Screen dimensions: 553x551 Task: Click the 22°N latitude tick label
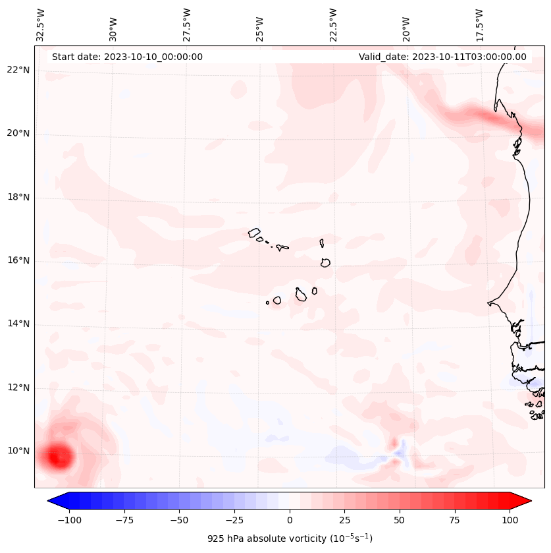[19, 71]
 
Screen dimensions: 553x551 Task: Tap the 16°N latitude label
[19, 261]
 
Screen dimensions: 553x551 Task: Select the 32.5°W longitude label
[41, 26]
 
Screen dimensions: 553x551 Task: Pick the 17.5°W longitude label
[479, 26]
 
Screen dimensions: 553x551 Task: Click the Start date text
[127, 57]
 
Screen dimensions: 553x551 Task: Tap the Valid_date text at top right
[442, 57]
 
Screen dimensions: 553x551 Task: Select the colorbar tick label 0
[290, 520]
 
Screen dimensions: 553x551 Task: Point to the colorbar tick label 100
[510, 520]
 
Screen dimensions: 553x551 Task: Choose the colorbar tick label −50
[179, 520]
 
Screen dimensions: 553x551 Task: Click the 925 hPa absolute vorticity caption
[290, 539]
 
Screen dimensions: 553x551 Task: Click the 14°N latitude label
[19, 324]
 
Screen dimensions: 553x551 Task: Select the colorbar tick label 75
[455, 520]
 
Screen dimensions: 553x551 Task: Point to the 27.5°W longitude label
[187, 26]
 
